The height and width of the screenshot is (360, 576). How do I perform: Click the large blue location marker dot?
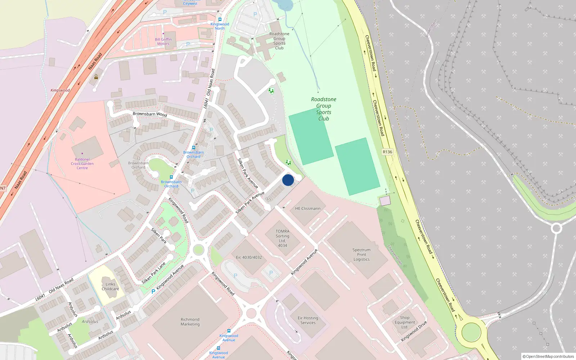tap(288, 180)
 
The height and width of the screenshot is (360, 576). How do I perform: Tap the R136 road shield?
tap(387, 152)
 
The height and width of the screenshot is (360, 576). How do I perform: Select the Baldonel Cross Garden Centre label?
tap(82, 164)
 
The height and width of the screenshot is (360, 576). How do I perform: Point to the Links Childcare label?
tap(110, 287)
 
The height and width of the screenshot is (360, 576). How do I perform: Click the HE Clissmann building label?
tap(307, 208)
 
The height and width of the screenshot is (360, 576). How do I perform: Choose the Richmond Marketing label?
tap(190, 322)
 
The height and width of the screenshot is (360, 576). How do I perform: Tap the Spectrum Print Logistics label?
tap(361, 255)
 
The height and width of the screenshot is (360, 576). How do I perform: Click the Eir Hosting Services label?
tap(308, 320)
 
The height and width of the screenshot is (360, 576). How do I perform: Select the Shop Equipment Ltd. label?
tap(405, 322)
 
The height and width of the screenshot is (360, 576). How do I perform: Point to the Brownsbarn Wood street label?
tap(150, 114)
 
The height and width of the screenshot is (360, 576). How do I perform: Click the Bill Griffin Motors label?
tap(163, 41)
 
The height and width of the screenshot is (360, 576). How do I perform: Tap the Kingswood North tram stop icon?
tap(220, 19)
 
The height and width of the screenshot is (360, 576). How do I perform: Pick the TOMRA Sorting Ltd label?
tap(283, 238)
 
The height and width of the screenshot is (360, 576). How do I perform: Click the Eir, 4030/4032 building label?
tap(249, 257)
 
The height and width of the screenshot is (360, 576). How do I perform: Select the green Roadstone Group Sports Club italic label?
tap(324, 109)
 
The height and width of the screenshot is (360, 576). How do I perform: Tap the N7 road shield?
tap(3, 188)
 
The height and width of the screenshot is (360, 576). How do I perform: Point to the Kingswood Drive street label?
tap(414, 331)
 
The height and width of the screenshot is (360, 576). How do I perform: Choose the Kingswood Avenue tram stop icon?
tap(229, 331)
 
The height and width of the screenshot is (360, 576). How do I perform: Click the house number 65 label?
tap(269, 199)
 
